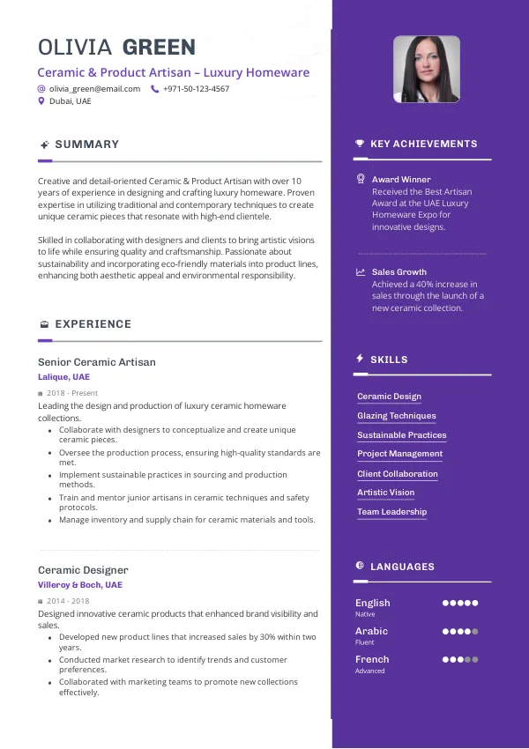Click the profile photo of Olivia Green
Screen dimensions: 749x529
click(x=426, y=69)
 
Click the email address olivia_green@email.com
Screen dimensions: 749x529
click(x=94, y=89)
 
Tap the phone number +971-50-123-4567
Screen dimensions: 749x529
click(x=196, y=89)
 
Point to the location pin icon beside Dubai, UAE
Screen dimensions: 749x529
click(x=41, y=101)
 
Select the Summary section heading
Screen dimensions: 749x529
click(x=86, y=145)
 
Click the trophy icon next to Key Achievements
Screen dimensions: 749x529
click(x=359, y=144)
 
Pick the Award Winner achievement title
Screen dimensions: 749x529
click(x=401, y=180)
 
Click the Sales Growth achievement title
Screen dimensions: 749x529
click(x=399, y=272)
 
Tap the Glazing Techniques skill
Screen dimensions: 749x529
click(x=396, y=416)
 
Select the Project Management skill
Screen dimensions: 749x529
click(x=399, y=454)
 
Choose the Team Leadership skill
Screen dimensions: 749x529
click(x=391, y=512)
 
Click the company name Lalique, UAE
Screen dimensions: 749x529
click(x=63, y=377)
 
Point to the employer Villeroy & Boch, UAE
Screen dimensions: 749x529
click(x=79, y=585)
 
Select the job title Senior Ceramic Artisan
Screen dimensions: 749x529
click(x=96, y=362)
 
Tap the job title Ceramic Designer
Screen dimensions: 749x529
click(x=83, y=570)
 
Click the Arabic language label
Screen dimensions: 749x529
click(x=371, y=631)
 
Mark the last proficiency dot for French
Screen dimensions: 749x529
click(x=475, y=659)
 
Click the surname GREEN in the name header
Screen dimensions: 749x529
click(x=159, y=48)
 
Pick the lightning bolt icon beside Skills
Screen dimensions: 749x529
click(x=359, y=359)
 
